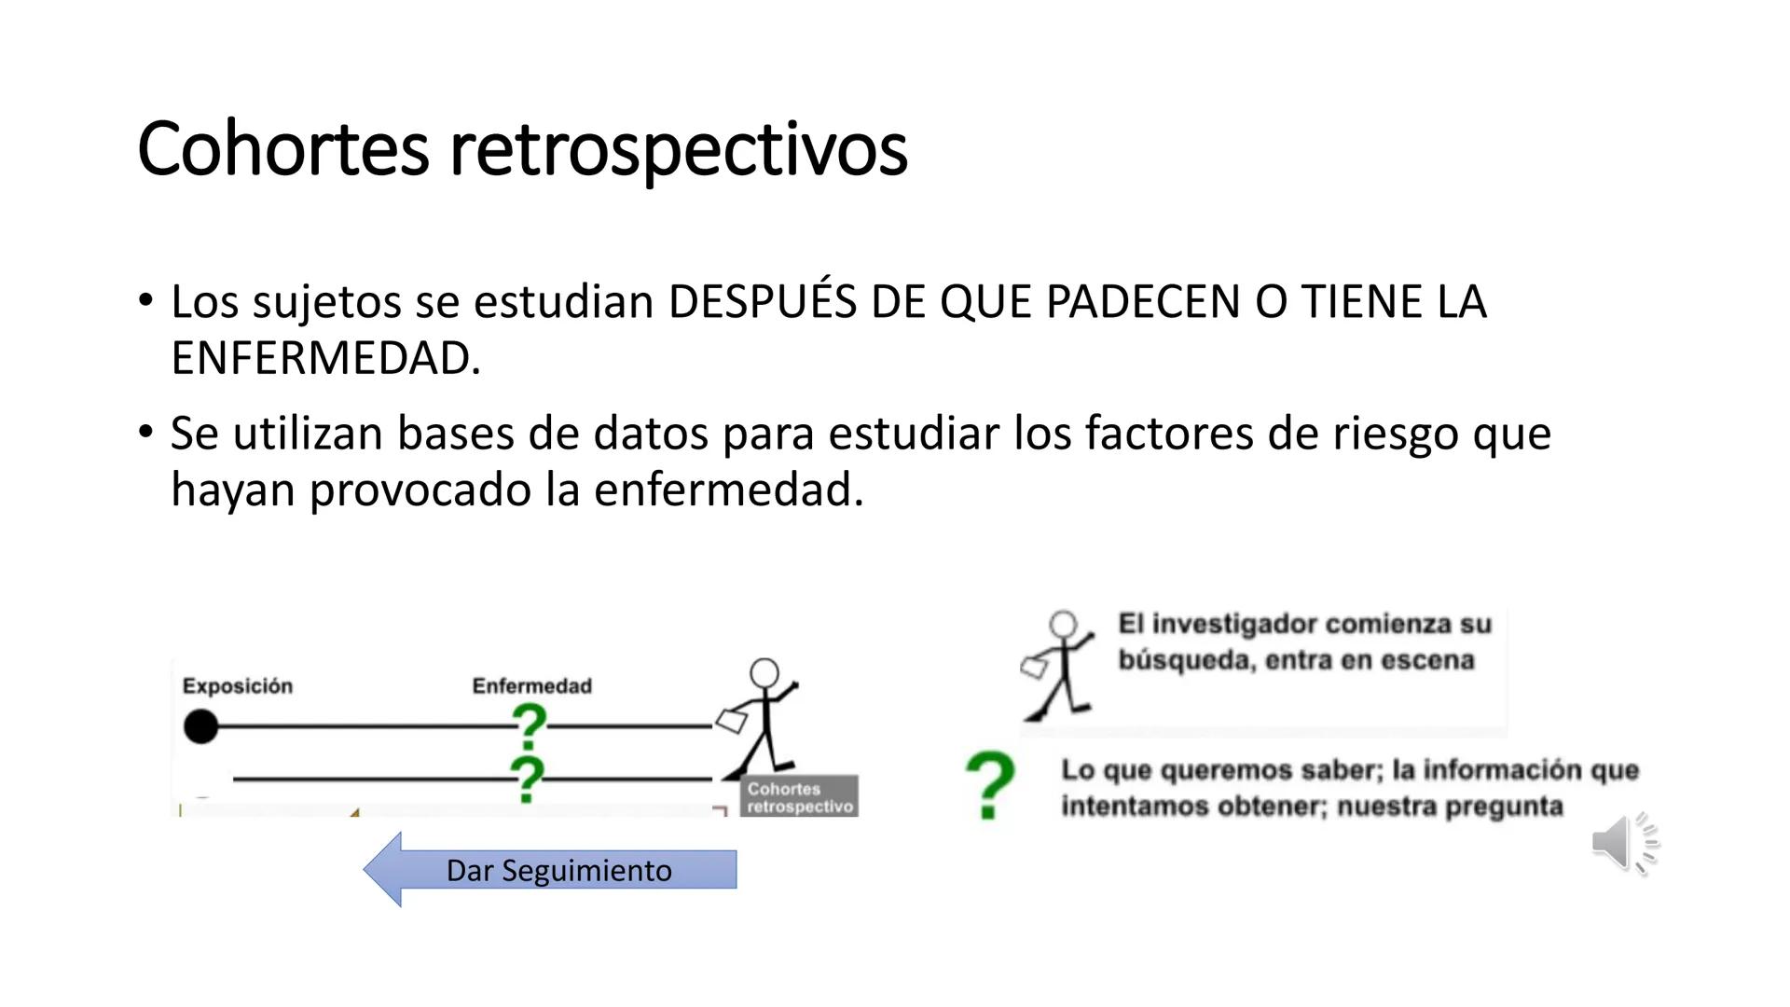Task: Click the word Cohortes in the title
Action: [282, 149]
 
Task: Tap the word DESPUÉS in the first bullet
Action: [762, 302]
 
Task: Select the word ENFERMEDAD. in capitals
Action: [325, 359]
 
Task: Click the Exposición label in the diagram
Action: [237, 686]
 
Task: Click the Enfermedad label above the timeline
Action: [531, 686]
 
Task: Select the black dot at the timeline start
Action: [200, 726]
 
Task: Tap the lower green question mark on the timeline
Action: [528, 779]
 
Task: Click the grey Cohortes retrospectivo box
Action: [799, 797]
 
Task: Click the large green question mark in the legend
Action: [989, 786]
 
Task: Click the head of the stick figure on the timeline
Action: [764, 672]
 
